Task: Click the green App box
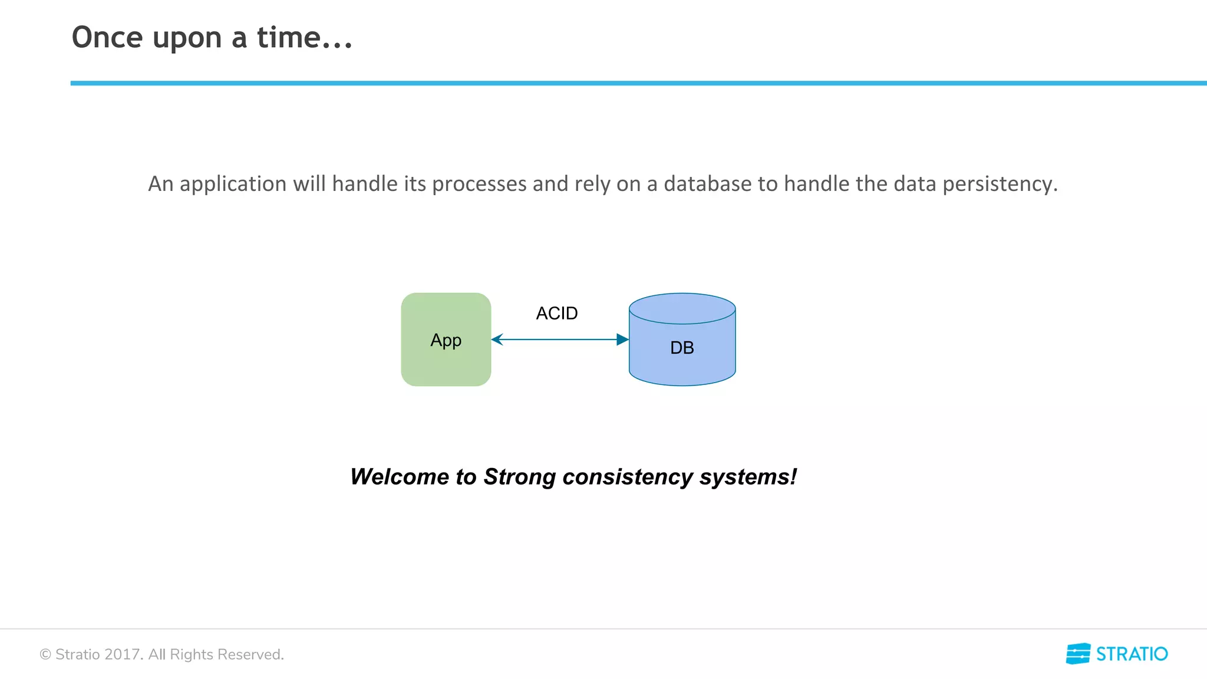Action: coord(446,339)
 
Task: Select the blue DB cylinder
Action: coord(682,348)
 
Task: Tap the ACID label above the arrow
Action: coord(556,313)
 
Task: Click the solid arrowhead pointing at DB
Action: coord(622,339)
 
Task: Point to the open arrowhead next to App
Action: coord(497,339)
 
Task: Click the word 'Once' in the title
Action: coord(107,38)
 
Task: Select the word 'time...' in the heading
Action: coord(304,38)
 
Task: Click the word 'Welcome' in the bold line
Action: coord(399,476)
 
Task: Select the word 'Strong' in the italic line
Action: coord(519,476)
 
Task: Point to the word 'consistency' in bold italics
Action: coord(628,476)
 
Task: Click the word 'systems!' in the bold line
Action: coord(748,476)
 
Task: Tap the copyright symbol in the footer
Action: coord(45,654)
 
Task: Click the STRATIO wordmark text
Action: coord(1132,654)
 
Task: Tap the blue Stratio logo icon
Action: coord(1078,654)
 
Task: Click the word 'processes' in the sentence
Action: coord(480,184)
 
